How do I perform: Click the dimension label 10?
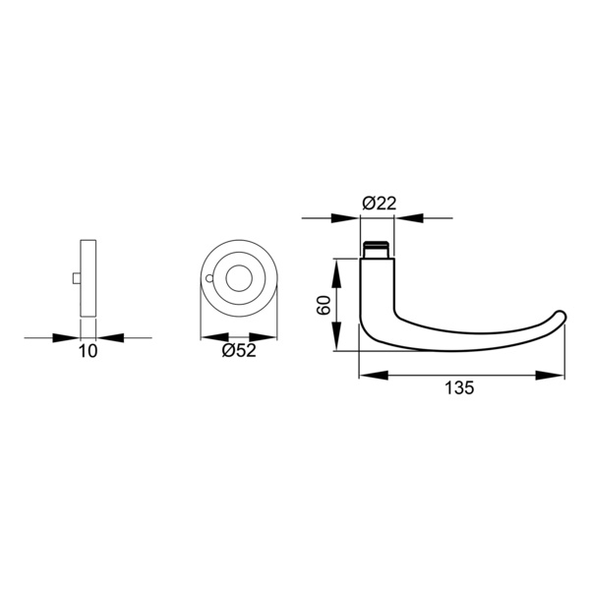click(x=88, y=351)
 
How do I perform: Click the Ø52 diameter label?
click(x=239, y=351)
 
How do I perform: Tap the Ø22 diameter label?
click(x=380, y=204)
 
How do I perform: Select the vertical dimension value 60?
click(x=324, y=305)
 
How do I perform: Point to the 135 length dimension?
click(x=459, y=388)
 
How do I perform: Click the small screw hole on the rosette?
click(x=209, y=278)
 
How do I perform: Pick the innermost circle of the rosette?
click(x=239, y=278)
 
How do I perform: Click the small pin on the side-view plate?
click(x=77, y=278)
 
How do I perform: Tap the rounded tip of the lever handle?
click(x=561, y=317)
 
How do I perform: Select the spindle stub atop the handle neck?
click(x=376, y=249)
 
